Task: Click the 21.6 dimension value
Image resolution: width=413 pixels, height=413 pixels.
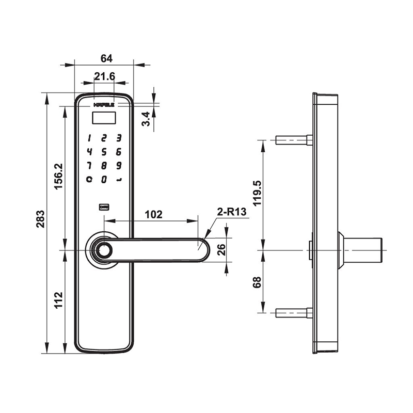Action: (104, 77)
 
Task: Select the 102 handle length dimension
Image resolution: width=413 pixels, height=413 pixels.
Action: (154, 214)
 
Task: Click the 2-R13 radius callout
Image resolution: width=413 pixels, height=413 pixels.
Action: (231, 212)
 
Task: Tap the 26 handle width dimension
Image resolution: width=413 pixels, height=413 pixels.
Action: (221, 250)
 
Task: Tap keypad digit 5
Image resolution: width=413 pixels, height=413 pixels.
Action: (104, 152)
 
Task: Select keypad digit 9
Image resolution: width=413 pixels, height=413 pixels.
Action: (119, 166)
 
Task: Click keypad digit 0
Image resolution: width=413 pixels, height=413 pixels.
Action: (104, 179)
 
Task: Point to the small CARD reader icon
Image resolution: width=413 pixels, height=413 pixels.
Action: (104, 207)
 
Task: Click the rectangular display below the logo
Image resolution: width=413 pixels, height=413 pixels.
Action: (104, 117)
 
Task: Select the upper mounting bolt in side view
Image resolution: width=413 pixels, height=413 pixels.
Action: (294, 140)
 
